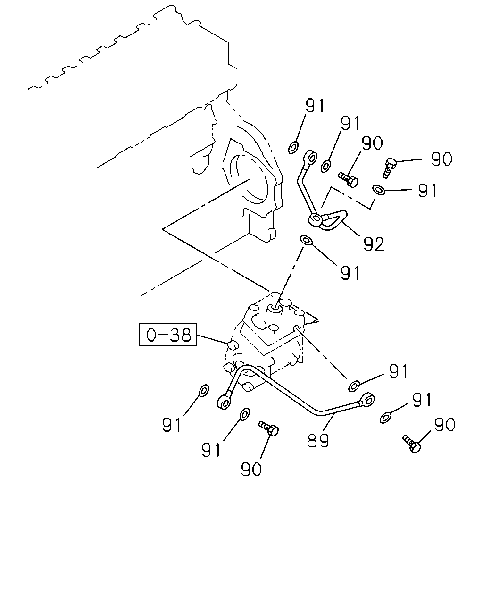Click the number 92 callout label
pyautogui.click(x=374, y=244)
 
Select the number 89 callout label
pyautogui.click(x=318, y=440)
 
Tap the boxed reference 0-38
pyautogui.click(x=168, y=335)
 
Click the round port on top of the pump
pyautogui.click(x=274, y=309)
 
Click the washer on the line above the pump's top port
pyautogui.click(x=307, y=240)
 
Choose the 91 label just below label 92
pyautogui.click(x=350, y=273)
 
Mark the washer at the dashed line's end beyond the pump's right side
pyautogui.click(x=354, y=386)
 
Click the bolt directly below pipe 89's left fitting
pyautogui.click(x=268, y=428)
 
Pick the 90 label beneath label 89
pyautogui.click(x=251, y=469)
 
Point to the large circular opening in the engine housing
pyautogui.click(x=249, y=180)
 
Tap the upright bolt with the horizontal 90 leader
pyautogui.click(x=390, y=168)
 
